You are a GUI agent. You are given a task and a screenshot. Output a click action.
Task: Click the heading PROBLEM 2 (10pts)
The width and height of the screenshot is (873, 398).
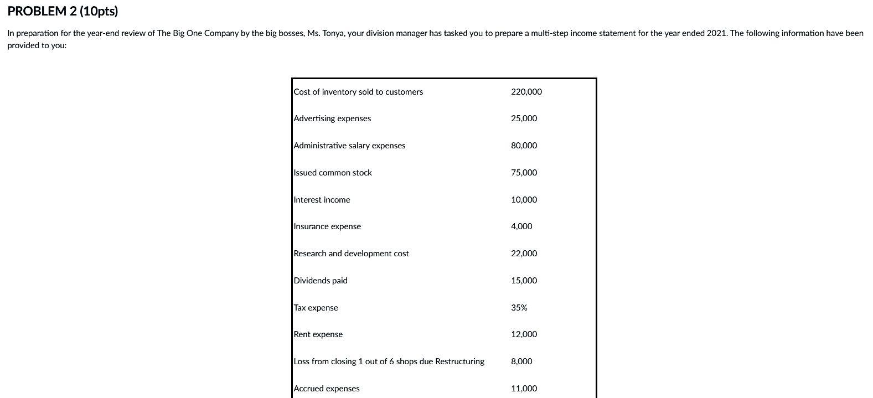pyautogui.click(x=63, y=11)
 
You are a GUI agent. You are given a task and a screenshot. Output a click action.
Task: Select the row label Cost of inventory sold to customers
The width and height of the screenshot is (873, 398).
pyautogui.click(x=358, y=92)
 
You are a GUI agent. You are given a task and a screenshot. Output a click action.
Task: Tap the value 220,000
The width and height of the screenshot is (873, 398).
pyautogui.click(x=526, y=92)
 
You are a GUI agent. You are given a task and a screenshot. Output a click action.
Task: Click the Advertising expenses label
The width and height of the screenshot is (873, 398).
pyautogui.click(x=332, y=118)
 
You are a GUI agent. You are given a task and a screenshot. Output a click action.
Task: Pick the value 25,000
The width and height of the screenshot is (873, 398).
pyautogui.click(x=524, y=118)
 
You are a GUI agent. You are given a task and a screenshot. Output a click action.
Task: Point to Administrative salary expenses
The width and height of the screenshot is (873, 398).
pyautogui.click(x=349, y=146)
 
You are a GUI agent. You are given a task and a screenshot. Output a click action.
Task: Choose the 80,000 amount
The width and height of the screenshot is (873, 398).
pyautogui.click(x=524, y=146)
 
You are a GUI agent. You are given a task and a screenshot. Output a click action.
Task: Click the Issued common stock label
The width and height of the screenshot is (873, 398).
pyautogui.click(x=333, y=173)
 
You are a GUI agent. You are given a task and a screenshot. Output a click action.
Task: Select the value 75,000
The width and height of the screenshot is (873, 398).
pyautogui.click(x=524, y=173)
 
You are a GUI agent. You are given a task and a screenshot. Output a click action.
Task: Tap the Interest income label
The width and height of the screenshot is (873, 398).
pyautogui.click(x=322, y=200)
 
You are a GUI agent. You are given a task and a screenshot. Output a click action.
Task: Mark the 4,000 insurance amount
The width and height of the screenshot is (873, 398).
pyautogui.click(x=521, y=226)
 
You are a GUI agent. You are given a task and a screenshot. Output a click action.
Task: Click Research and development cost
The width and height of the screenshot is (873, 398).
pyautogui.click(x=351, y=254)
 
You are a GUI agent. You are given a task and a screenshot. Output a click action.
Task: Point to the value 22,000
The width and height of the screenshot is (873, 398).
pyautogui.click(x=524, y=254)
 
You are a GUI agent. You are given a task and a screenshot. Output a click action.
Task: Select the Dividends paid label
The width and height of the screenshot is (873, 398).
pyautogui.click(x=321, y=281)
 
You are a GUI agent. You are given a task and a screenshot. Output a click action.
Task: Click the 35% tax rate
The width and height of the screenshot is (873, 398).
pyautogui.click(x=519, y=308)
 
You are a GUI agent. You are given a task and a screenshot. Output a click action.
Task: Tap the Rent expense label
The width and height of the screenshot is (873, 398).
pyautogui.click(x=318, y=334)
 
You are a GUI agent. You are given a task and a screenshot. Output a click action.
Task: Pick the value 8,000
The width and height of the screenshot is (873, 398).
pyautogui.click(x=521, y=361)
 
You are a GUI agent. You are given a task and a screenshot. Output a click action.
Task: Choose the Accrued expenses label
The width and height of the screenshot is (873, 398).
pyautogui.click(x=327, y=389)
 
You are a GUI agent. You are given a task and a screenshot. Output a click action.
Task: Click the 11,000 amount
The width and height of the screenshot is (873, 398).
pyautogui.click(x=524, y=389)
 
